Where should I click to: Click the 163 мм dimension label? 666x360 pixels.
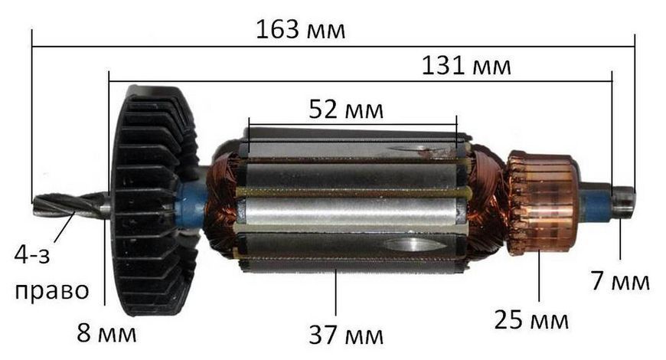(300, 30)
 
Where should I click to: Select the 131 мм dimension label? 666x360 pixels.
(466, 67)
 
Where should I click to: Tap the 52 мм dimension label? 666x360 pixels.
(346, 110)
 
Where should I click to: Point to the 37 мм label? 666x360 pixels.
(346, 335)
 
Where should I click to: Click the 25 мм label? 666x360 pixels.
(531, 319)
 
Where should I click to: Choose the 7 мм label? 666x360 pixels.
(621, 281)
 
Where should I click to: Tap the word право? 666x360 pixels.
(52, 292)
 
